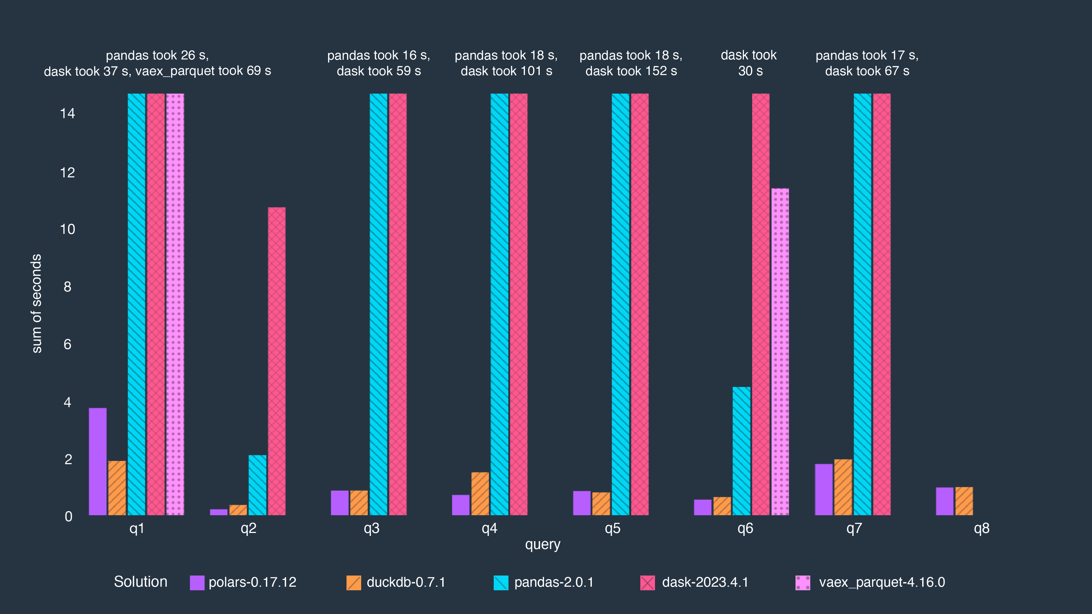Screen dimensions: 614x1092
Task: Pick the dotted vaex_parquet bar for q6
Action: tap(780, 352)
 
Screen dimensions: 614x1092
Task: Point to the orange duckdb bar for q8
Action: tap(964, 501)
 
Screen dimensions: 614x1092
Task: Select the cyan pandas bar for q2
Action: tap(257, 485)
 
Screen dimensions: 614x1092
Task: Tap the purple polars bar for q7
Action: tap(824, 489)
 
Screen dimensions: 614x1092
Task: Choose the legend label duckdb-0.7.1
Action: tap(406, 582)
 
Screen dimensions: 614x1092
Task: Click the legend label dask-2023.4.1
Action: tap(705, 582)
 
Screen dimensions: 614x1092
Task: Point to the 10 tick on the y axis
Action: tap(67, 229)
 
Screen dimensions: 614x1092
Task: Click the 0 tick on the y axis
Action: tap(68, 516)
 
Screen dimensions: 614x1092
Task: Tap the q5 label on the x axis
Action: tap(613, 528)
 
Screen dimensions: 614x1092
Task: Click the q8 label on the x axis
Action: tap(981, 528)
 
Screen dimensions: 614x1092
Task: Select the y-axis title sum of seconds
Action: tap(37, 303)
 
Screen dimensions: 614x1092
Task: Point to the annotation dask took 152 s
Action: tap(631, 71)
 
